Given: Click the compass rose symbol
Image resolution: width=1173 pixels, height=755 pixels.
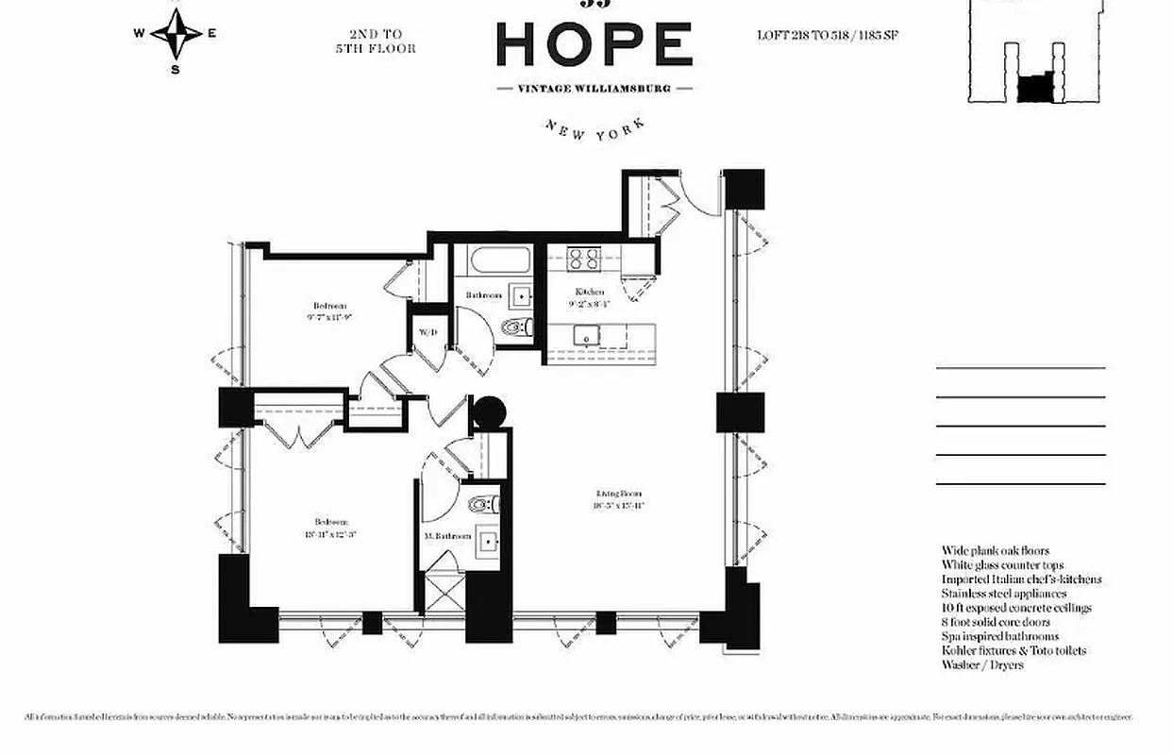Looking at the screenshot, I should (x=176, y=34).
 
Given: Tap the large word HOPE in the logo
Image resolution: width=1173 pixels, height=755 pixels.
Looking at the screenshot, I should (x=594, y=44).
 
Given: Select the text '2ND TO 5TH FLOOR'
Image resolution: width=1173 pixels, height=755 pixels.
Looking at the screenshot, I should (x=375, y=42).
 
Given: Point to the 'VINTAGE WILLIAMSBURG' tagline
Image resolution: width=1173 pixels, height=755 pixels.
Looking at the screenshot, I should (x=595, y=88).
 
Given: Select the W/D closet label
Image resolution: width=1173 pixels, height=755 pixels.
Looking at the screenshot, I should (x=426, y=332).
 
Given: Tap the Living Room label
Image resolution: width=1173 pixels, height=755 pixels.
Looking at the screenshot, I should (x=619, y=498).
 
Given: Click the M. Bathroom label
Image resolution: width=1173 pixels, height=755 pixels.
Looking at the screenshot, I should (x=448, y=536).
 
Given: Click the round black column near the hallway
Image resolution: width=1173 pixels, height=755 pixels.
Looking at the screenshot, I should (x=489, y=411).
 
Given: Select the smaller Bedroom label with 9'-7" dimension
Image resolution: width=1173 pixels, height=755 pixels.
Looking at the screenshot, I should (x=329, y=310).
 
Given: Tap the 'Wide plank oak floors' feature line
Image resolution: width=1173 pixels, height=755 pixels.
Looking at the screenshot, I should (x=995, y=550).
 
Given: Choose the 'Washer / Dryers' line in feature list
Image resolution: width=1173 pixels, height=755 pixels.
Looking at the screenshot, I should (x=981, y=664).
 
